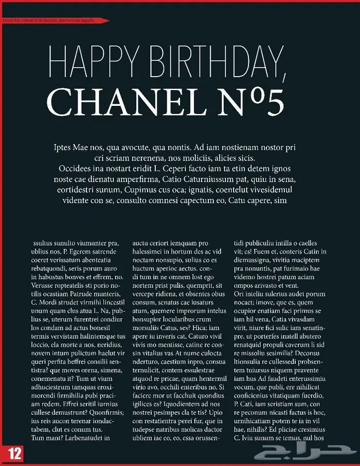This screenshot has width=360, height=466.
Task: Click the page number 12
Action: pos(14,453)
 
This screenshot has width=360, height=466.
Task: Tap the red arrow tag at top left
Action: pos(54,20)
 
